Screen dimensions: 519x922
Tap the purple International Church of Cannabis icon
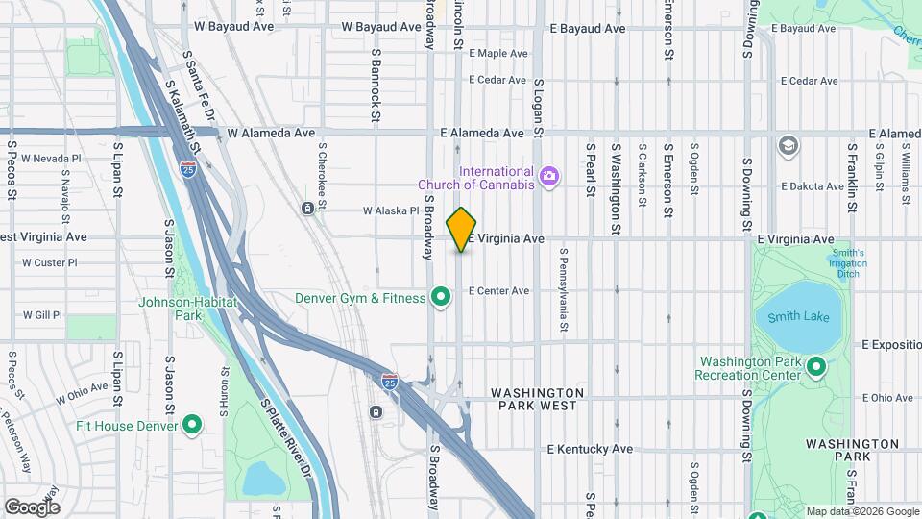548,175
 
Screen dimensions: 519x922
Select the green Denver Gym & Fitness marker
441,297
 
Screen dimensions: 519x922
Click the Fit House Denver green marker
192,424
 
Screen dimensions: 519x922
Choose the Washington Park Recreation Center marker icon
816,366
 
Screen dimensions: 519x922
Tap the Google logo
32,507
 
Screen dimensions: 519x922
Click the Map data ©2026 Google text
861,511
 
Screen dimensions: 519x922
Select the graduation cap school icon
789,145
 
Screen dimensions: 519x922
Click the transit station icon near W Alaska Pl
307,209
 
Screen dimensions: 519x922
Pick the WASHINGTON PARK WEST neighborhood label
537,399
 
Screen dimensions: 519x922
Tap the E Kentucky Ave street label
590,449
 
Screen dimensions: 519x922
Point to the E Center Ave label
498,290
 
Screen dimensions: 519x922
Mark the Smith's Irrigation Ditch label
849,263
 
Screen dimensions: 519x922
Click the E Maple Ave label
498,53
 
